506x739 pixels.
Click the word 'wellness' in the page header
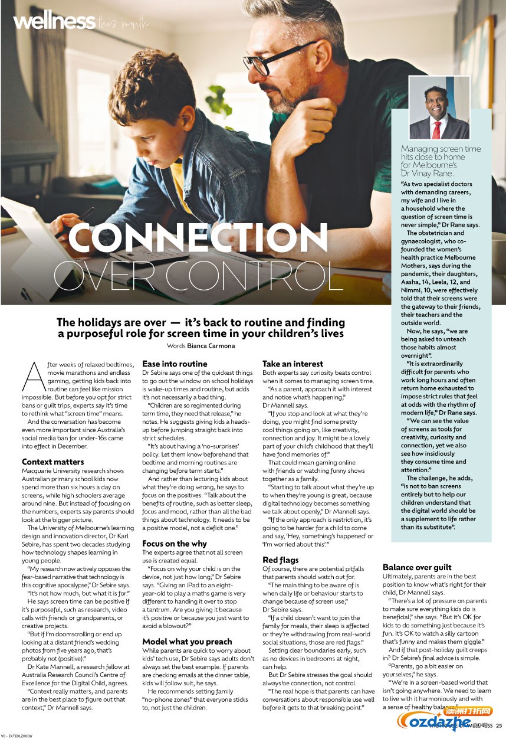[54, 22]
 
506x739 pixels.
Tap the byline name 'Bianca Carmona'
[211, 346]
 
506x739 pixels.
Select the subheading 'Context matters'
[53, 462]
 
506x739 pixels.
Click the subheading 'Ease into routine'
[175, 364]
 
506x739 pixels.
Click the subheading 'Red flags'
[281, 560]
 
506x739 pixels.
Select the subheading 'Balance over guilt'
[417, 567]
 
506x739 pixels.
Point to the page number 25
[499, 725]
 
